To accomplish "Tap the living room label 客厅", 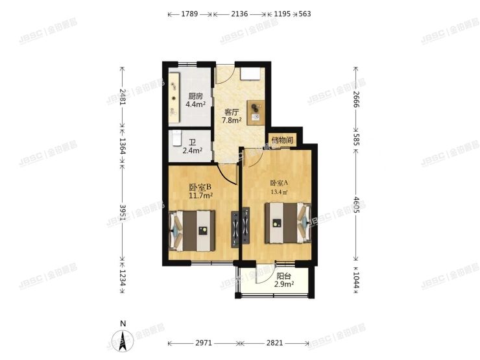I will pyautogui.click(x=232, y=112).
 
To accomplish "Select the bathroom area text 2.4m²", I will pyautogui.click(x=193, y=151).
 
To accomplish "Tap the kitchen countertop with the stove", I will pyautogui.click(x=174, y=97).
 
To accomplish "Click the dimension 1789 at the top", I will pyautogui.click(x=189, y=14).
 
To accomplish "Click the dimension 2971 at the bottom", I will pyautogui.click(x=204, y=343).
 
